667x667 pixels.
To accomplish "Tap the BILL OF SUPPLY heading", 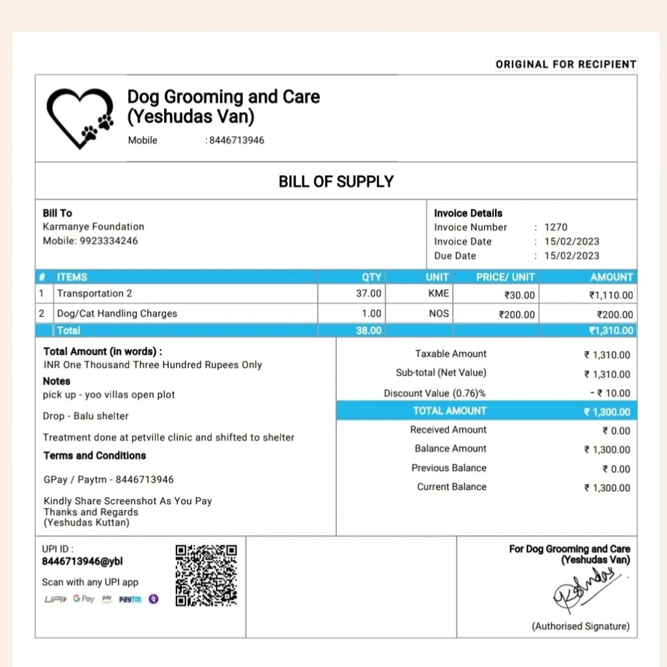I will click(x=336, y=181).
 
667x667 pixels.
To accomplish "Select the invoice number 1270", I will click(x=556, y=227).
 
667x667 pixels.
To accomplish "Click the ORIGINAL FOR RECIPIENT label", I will click(x=565, y=64).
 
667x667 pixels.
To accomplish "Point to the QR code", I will click(x=206, y=575).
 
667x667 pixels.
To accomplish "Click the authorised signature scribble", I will click(x=584, y=588).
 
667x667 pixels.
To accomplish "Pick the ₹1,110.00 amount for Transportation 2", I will click(x=611, y=295).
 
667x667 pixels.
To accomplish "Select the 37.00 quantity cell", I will click(x=369, y=294).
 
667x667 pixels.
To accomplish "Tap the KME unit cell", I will click(x=438, y=294).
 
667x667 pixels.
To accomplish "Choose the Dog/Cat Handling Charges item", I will click(x=117, y=313).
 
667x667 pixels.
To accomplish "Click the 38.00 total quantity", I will click(x=369, y=331).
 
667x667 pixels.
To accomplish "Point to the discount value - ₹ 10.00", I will click(x=610, y=393).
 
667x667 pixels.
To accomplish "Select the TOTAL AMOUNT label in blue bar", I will click(x=449, y=411).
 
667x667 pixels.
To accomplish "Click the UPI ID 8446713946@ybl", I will click(x=82, y=561).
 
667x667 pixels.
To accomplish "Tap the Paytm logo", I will click(x=130, y=599).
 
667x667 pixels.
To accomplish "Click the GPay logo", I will click(x=83, y=599).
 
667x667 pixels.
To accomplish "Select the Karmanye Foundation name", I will click(x=93, y=227).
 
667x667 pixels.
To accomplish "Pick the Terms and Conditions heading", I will click(x=94, y=455).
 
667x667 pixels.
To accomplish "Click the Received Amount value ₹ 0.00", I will click(x=616, y=431).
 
